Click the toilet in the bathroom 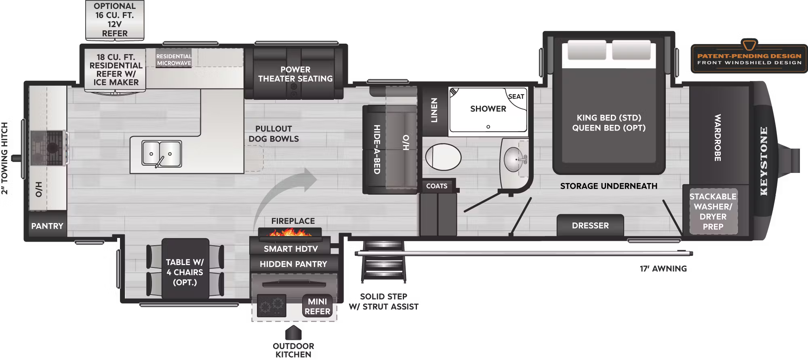tap(443, 157)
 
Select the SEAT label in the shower tap(516, 97)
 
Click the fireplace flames tap(290, 232)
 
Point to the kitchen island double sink tap(161, 154)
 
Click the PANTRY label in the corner tap(47, 226)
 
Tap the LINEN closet tap(434, 110)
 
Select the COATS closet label tap(437, 186)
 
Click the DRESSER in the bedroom tap(590, 225)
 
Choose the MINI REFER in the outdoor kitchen tap(317, 306)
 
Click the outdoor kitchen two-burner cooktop tap(271, 306)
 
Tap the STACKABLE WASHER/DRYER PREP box tap(713, 211)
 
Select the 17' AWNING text tap(663, 268)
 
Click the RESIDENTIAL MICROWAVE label tap(174, 60)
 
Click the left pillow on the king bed tap(587, 51)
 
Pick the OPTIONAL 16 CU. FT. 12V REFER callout tap(115, 20)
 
